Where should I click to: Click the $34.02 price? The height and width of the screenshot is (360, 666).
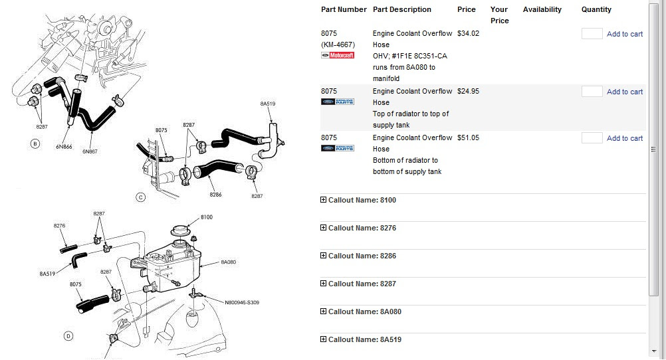click(x=468, y=33)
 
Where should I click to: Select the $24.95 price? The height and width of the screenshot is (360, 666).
click(x=468, y=91)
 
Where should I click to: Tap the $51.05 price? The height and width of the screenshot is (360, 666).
click(x=468, y=138)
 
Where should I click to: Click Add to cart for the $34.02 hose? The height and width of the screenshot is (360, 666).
click(x=624, y=34)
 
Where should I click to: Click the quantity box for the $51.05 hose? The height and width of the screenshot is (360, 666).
click(x=592, y=138)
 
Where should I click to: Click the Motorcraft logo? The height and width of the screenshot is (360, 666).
click(x=338, y=55)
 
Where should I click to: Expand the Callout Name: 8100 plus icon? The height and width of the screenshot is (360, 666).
click(x=323, y=200)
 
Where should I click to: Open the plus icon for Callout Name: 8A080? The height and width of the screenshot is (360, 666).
click(x=323, y=312)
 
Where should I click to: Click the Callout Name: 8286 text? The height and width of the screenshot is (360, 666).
click(x=362, y=256)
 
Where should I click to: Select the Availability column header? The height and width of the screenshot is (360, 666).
click(x=542, y=9)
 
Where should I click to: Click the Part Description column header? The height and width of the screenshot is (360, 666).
click(x=402, y=9)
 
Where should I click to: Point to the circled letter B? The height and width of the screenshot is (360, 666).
click(x=35, y=144)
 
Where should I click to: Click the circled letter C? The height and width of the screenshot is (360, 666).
click(x=141, y=197)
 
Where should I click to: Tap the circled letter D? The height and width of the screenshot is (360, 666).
click(x=68, y=336)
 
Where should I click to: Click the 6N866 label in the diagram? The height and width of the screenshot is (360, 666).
click(x=64, y=147)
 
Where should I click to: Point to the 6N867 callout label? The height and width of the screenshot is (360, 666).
click(x=90, y=151)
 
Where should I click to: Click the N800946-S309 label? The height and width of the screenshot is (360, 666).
click(x=242, y=303)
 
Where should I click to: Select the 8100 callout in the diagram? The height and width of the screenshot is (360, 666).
click(x=207, y=217)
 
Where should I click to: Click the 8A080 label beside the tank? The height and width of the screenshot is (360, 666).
click(x=228, y=262)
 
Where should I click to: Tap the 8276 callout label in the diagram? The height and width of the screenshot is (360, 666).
click(x=59, y=226)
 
